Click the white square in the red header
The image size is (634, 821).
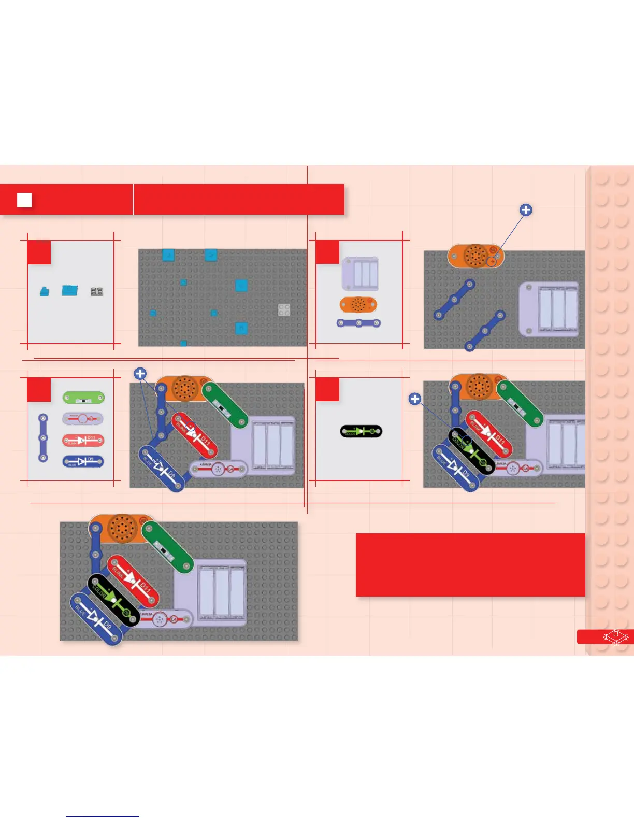click(24, 200)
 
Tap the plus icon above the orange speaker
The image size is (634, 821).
click(526, 210)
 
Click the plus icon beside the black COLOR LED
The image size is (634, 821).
click(414, 399)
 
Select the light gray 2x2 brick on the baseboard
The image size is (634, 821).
click(284, 310)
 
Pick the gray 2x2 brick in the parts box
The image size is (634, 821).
click(97, 292)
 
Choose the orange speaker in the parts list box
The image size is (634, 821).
click(358, 304)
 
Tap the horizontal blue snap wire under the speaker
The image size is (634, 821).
click(359, 323)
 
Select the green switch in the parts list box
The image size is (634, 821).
click(83, 398)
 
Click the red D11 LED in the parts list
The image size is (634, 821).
click(83, 441)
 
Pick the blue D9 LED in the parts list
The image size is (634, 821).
click(83, 461)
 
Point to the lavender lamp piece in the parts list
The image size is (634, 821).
click(83, 419)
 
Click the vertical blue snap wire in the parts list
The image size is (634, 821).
click(44, 438)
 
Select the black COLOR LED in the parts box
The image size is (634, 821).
click(361, 431)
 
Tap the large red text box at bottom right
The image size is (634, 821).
click(470, 564)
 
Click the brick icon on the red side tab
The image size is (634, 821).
click(615, 636)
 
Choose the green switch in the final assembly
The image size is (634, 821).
click(167, 546)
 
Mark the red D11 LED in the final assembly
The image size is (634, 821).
click(133, 581)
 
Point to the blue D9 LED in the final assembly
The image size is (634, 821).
click(96, 619)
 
